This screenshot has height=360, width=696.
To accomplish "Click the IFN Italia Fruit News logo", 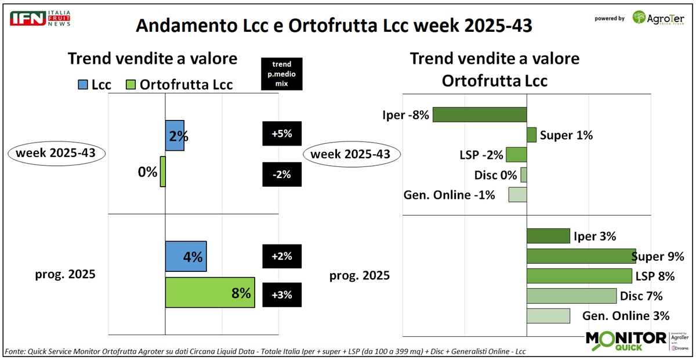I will [39, 17].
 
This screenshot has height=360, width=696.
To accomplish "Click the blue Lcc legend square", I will [82, 85].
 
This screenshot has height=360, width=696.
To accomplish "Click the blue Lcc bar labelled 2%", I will [175, 136].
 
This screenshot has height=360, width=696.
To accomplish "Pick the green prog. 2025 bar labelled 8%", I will [210, 292].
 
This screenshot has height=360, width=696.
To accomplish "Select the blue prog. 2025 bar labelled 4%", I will [186, 256].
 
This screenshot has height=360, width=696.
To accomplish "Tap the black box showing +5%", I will [282, 134].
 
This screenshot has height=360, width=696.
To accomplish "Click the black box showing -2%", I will [282, 173].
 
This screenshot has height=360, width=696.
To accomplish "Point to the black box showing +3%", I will [282, 294].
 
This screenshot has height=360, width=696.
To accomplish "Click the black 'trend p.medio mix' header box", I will [282, 74].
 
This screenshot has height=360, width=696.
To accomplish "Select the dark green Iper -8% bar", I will [479, 114].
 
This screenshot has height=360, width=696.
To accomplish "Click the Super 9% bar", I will [581, 256].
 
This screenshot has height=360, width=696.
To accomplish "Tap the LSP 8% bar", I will [579, 276].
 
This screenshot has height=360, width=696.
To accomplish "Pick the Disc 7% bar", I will [571, 296].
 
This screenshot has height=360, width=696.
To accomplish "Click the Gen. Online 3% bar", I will [548, 316].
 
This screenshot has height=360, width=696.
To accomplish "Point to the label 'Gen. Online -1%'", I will [449, 195].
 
